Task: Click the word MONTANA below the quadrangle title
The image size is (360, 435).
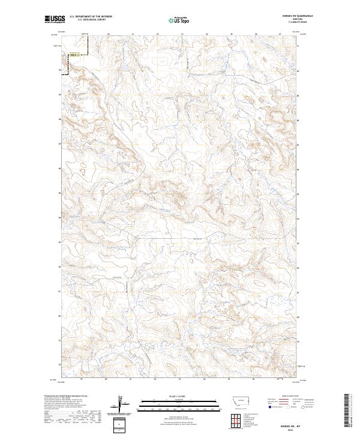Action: pos(293,20)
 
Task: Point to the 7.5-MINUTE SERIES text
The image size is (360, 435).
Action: pos(293,23)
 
